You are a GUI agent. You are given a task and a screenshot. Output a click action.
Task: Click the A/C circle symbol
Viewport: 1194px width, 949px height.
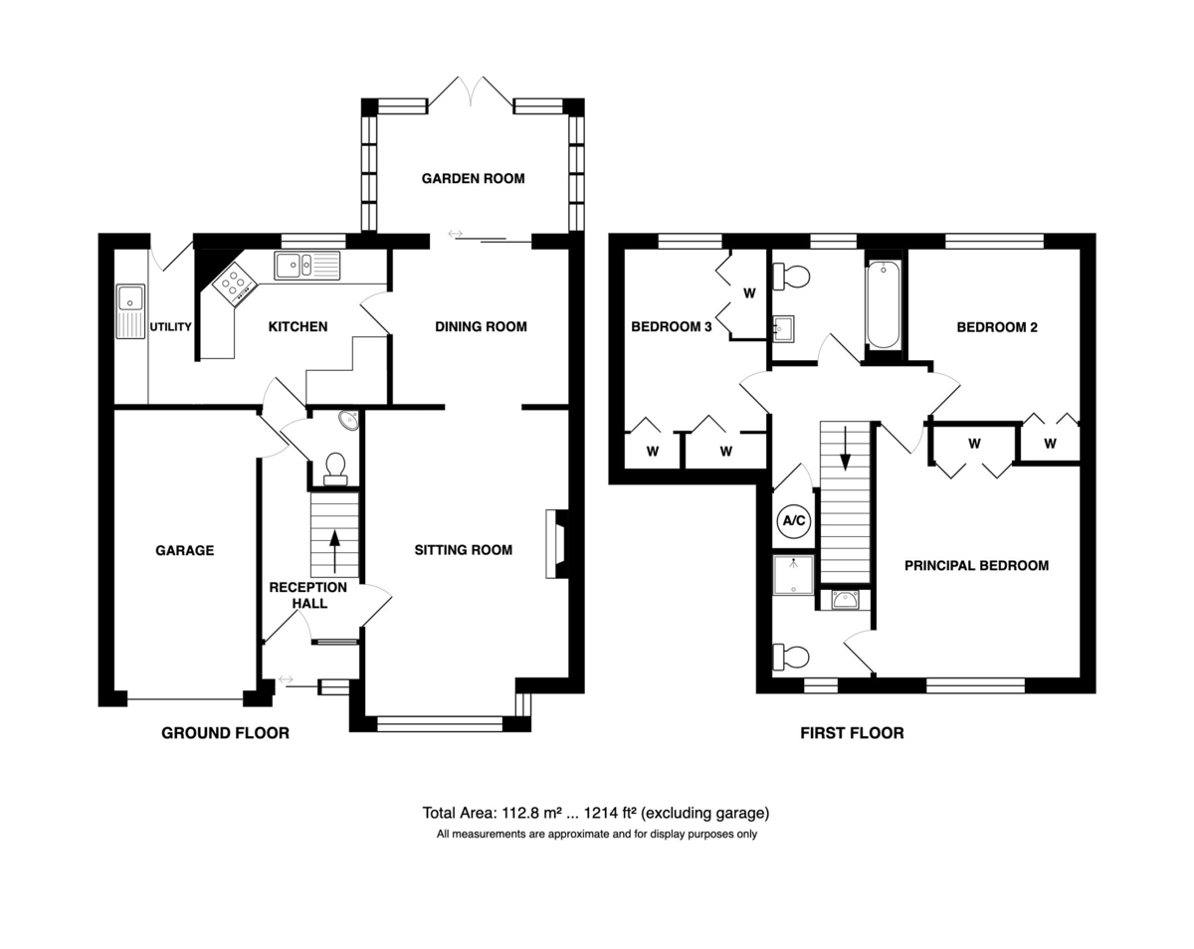point(794,521)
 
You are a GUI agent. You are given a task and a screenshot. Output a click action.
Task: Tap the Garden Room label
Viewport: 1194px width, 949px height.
point(473,179)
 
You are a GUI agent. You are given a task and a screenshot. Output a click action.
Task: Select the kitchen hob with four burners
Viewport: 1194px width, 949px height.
point(235,284)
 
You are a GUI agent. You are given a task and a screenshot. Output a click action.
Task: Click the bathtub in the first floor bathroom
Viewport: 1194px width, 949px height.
point(884,304)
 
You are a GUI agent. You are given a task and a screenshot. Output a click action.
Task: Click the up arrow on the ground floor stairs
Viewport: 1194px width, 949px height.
point(334,551)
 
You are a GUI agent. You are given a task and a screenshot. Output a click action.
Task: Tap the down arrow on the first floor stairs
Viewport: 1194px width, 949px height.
point(845,449)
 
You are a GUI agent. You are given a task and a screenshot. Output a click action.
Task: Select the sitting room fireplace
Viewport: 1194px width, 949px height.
point(557,544)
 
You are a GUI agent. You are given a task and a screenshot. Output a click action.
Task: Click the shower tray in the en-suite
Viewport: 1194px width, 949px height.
point(793,575)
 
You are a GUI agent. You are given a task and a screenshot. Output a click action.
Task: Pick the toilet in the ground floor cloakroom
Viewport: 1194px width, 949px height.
point(335,470)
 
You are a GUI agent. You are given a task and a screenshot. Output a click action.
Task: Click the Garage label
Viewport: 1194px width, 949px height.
point(184,550)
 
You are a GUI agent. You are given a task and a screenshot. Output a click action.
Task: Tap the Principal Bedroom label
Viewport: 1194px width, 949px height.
point(976,566)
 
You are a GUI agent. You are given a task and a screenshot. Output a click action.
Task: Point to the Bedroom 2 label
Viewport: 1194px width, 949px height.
point(997,327)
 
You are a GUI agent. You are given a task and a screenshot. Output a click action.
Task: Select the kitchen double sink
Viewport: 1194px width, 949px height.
point(306,266)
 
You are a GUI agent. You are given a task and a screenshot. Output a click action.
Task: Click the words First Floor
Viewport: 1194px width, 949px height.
point(852,733)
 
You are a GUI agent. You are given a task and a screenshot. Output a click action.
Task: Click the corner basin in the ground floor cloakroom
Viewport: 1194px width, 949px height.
point(349,420)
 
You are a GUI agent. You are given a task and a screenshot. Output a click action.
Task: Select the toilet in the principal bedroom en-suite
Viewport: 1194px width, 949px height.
point(791,658)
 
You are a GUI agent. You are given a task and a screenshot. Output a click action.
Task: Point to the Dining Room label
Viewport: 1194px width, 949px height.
point(481,326)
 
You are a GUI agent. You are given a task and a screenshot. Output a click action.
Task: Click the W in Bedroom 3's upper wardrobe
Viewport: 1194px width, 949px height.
point(749,293)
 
